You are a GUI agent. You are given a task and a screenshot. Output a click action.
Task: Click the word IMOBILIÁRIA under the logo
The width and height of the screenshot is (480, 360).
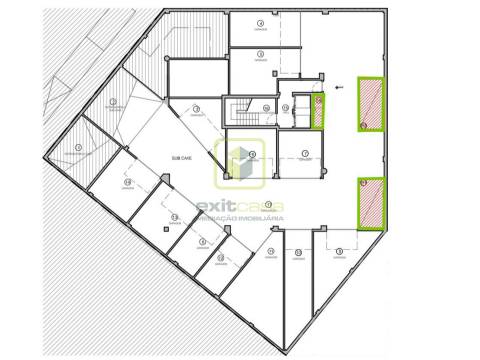[262, 222]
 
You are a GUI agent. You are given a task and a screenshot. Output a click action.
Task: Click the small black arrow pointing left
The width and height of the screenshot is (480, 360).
[340, 88]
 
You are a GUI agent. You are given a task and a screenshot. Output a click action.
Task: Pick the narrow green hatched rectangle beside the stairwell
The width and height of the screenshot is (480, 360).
[319, 110]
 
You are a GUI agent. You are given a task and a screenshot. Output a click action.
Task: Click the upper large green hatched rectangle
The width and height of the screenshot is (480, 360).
[372, 104]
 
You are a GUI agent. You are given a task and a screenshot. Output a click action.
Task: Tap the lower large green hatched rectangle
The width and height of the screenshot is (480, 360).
[372, 203]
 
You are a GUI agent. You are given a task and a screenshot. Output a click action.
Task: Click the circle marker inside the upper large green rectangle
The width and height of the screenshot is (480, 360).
[364, 124]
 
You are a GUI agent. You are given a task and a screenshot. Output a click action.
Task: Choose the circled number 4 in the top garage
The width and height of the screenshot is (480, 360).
[260, 22]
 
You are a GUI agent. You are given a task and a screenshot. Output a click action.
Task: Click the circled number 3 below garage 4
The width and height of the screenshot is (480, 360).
[260, 54]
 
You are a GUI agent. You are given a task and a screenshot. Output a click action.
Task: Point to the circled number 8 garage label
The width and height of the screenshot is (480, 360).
[339, 250]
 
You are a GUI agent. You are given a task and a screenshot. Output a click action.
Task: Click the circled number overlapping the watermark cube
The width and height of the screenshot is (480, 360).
[252, 154]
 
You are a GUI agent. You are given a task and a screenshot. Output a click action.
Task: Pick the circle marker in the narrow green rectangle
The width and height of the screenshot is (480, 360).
[318, 99]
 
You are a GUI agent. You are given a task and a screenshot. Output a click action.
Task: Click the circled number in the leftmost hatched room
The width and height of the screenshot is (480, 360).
[78, 148]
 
